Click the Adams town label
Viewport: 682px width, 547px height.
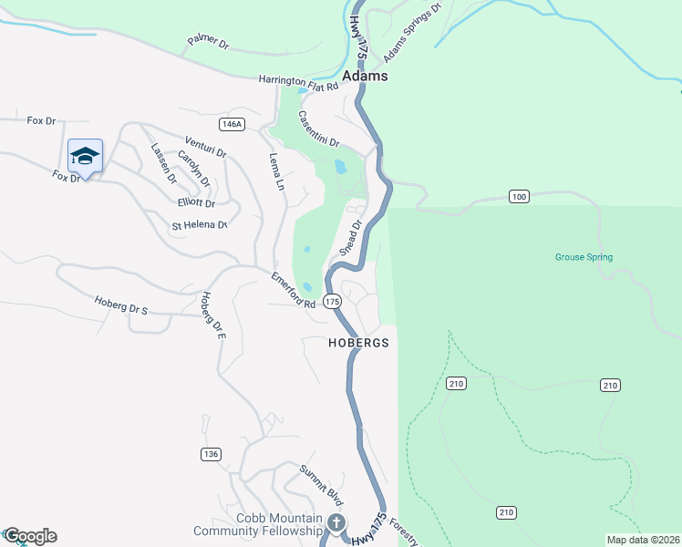366,77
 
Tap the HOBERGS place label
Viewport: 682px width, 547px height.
358,344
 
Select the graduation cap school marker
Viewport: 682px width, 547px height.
85,156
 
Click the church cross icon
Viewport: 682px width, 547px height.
336,522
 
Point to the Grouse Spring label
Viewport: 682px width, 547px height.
584,257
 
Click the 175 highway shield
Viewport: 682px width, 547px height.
332,301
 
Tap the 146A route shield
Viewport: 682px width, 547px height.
232,124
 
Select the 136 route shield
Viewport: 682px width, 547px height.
211,454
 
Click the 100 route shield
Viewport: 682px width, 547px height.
519,197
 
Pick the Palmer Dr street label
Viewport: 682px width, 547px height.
209,42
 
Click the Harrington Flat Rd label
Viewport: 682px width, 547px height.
298,82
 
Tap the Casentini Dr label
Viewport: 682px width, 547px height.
319,133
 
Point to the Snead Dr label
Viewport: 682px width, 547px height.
351,236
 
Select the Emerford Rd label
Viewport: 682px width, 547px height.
293,290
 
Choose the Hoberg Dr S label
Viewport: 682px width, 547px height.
120,304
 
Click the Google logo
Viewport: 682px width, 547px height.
29,536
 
